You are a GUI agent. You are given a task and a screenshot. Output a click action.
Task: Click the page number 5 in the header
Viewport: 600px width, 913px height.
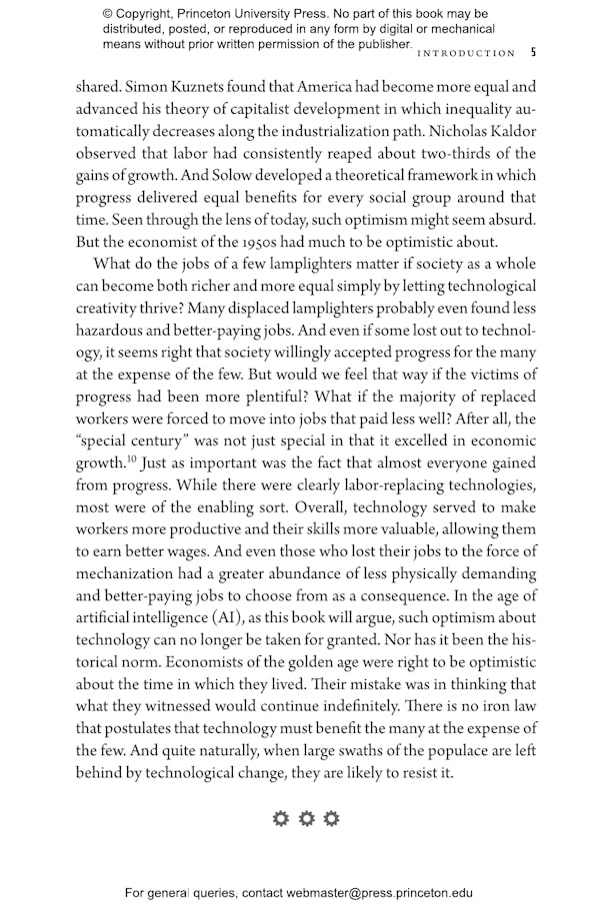533,53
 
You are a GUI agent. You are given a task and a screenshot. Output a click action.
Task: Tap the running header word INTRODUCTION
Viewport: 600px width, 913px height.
466,53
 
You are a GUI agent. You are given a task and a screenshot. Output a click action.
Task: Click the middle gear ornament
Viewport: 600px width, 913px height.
306,819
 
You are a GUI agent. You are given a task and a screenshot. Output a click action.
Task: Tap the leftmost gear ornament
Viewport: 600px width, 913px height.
281,819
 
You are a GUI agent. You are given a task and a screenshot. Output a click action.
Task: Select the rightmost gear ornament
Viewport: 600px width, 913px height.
331,819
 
